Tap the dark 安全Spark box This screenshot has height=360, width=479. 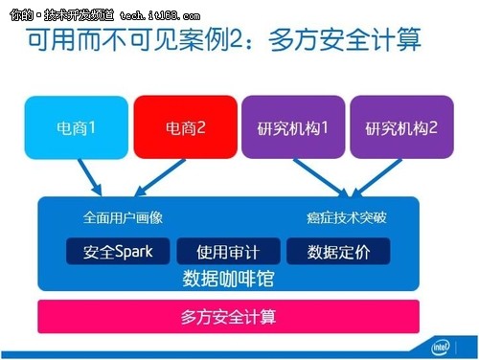tap(117, 251)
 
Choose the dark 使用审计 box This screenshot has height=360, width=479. tap(227, 251)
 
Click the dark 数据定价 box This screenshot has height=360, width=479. tap(338, 251)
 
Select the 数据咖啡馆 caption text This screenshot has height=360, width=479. tap(227, 278)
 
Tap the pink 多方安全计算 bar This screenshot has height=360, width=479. tap(227, 315)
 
